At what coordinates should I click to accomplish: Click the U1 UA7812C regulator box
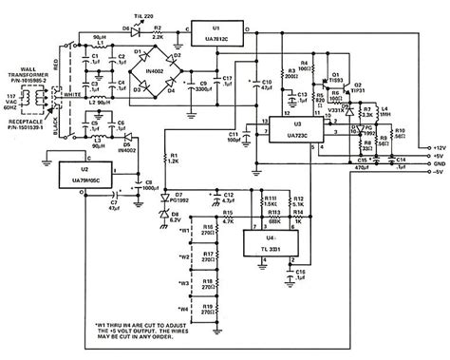point(216,28)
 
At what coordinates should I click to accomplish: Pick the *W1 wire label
point(183,230)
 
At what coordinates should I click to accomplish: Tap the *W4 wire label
point(183,310)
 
